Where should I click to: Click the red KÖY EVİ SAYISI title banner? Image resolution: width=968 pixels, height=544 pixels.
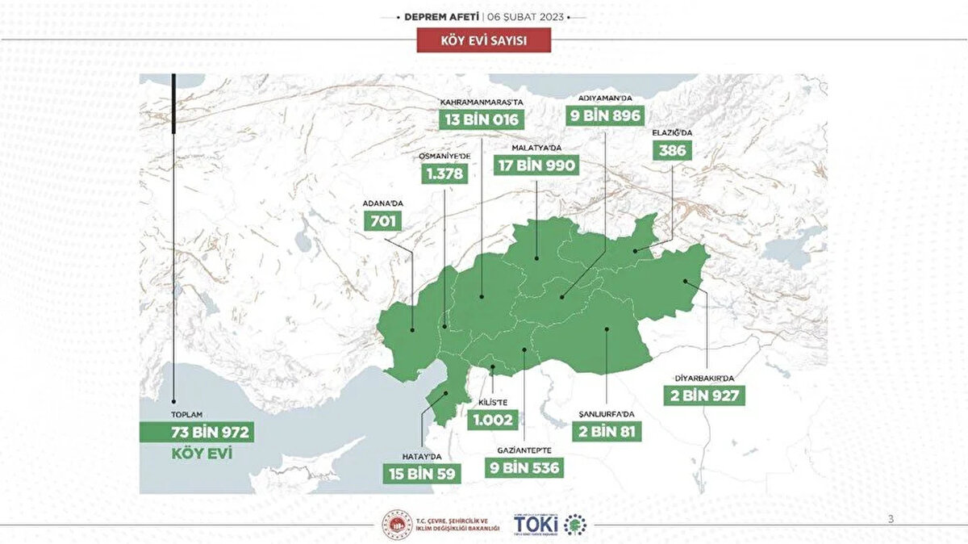click(x=483, y=40)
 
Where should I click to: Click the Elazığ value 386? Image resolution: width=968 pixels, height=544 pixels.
click(x=673, y=150)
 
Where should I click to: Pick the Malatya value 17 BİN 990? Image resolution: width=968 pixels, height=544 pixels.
click(x=536, y=165)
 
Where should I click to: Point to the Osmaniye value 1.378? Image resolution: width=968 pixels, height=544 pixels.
click(x=445, y=174)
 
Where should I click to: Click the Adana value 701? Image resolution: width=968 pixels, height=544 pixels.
click(x=382, y=220)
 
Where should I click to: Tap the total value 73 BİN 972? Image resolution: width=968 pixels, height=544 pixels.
click(x=197, y=433)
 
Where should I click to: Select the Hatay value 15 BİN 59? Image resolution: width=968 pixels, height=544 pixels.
click(x=423, y=473)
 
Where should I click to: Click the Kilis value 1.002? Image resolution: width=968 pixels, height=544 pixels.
click(x=493, y=421)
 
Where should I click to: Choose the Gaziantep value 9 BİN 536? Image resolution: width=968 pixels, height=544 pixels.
click(x=524, y=467)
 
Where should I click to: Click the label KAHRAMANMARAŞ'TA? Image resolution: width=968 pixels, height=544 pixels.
click(x=482, y=103)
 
